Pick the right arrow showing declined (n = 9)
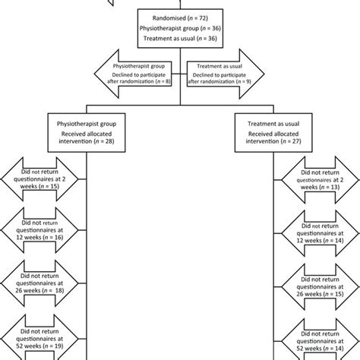click(223, 76)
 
